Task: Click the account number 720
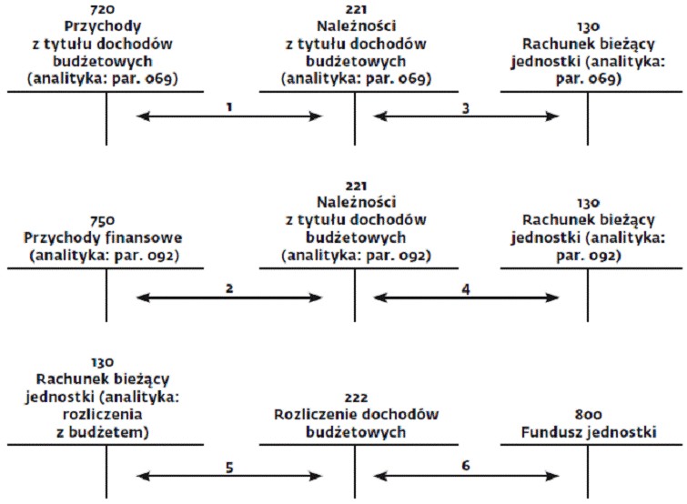pos(102,9)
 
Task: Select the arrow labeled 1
pos(229,116)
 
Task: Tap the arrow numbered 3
pos(466,116)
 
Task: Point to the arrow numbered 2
pos(229,297)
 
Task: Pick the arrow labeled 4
pos(466,297)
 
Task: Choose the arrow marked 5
pos(229,476)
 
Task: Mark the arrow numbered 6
pos(466,476)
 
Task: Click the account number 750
pos(103,220)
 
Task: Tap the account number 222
pos(356,398)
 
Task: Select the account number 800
pos(588,414)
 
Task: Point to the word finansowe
pos(147,237)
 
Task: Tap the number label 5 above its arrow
pos(229,468)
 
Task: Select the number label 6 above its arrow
pos(466,465)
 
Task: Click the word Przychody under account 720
pos(103,26)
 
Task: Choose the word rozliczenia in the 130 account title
pos(103,414)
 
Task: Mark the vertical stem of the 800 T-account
pos(588,471)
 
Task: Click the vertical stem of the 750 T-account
pos(106,295)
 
